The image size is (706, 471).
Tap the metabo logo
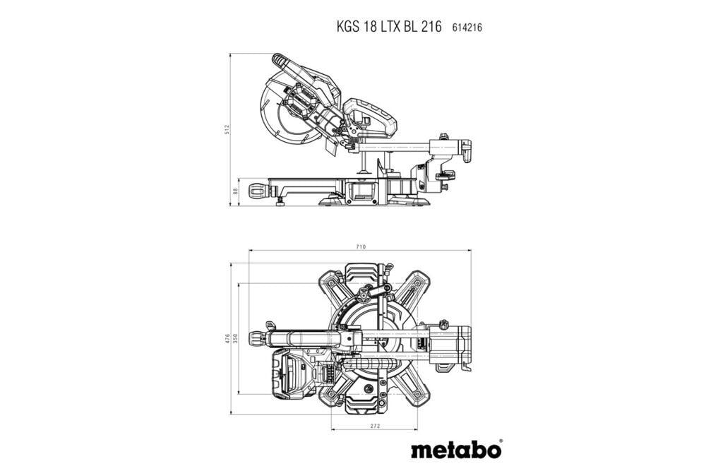tap(456, 448)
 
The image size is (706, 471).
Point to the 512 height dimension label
tap(227, 129)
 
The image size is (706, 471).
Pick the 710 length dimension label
tap(361, 247)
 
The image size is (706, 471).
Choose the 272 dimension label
tap(374, 426)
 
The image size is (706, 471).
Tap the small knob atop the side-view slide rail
tap(444, 136)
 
